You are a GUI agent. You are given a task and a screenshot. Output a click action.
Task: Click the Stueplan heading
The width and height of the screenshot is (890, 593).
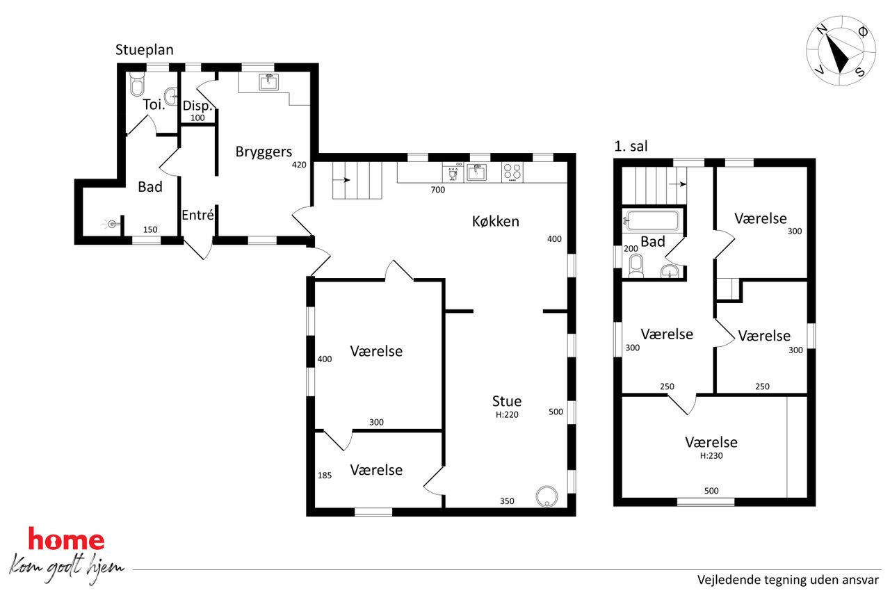[144, 51]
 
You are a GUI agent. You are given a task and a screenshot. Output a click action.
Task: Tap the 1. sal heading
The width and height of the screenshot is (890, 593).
[631, 146]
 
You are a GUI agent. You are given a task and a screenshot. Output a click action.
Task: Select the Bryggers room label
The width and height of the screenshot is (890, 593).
[264, 152]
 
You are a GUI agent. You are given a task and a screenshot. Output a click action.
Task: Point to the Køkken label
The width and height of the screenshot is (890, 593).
[496, 221]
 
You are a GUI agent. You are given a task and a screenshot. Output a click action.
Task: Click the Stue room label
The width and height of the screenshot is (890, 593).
[507, 401]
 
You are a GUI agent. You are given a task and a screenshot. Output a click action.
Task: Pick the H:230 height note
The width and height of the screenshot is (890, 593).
[711, 455]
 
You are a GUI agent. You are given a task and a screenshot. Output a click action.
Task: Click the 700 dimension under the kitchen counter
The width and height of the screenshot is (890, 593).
[438, 190]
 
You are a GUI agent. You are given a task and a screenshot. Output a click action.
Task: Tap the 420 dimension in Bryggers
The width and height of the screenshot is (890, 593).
[299, 165]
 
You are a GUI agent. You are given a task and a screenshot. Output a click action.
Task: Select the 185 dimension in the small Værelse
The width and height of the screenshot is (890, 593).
[325, 475]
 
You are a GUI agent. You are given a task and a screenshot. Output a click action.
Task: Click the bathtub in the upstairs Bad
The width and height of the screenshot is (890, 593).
[652, 221]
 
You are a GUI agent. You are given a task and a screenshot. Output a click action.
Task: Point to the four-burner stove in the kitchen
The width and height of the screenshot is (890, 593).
[512, 172]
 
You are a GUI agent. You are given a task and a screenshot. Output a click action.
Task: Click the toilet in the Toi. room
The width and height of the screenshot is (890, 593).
[137, 84]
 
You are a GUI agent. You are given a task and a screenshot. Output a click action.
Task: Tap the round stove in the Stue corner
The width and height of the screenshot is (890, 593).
[547, 496]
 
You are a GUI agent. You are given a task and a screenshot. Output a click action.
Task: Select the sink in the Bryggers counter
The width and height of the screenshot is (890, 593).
[269, 83]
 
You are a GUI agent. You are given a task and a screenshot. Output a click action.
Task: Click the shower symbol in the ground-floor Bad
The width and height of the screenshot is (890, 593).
[111, 225]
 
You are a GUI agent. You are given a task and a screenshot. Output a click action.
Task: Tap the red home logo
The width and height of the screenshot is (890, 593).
[66, 539]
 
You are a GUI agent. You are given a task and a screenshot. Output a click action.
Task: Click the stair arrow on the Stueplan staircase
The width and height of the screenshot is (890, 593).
[341, 180]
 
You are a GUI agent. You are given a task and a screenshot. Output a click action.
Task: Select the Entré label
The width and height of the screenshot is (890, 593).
[197, 215]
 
